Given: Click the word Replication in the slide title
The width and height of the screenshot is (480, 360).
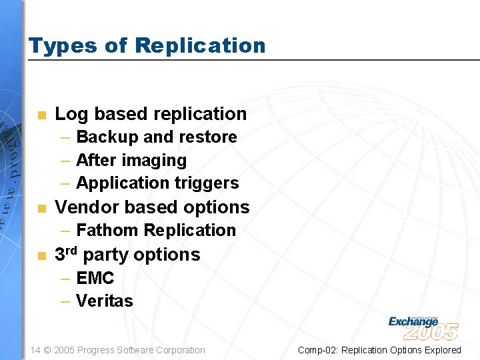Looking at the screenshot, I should point(199,46).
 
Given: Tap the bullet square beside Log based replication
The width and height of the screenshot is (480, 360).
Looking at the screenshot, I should point(41,115).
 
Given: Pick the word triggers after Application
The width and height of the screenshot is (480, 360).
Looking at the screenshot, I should point(206,183).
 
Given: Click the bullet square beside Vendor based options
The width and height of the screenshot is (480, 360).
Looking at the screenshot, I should point(41,209).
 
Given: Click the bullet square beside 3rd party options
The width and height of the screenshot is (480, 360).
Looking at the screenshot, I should point(41,256).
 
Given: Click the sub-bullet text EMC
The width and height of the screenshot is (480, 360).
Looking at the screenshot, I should point(95,278).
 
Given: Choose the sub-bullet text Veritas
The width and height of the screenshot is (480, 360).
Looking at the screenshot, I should point(104,301).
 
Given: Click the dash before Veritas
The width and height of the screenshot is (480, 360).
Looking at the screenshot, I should point(65,301).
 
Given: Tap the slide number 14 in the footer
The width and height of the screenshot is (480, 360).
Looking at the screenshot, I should point(36,350).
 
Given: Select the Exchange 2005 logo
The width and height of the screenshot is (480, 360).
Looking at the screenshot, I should point(423,327).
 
